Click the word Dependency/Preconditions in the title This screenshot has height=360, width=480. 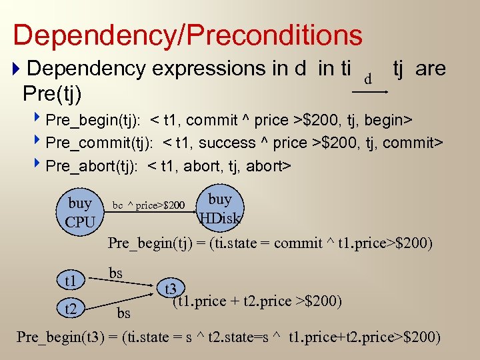click(187, 35)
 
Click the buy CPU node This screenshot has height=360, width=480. click(81, 211)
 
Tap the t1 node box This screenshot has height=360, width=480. click(71, 279)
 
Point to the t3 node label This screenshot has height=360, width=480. click(171, 289)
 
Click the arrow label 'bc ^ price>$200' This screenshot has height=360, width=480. click(149, 205)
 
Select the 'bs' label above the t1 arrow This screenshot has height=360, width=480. click(115, 272)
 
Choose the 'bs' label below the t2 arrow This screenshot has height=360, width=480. click(123, 313)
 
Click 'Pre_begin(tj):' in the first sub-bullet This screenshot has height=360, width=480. click(93, 120)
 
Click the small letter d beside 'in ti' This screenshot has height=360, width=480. click(367, 79)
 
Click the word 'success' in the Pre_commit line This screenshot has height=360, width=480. click(229, 143)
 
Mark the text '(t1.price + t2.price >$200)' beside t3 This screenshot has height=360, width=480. click(257, 301)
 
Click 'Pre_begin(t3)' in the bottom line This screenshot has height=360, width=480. click(61, 337)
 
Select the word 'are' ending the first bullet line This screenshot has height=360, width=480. click(430, 68)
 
